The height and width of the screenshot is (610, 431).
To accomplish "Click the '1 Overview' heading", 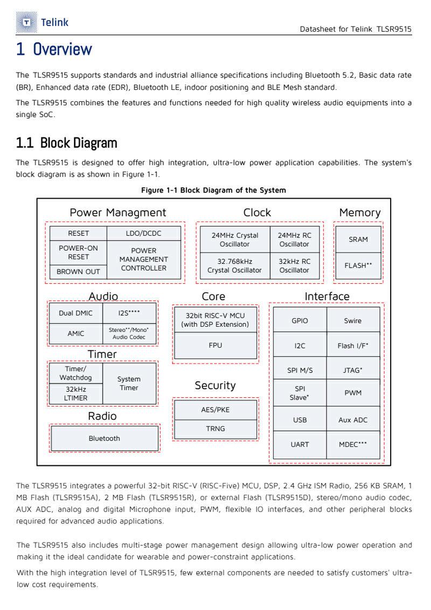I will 54,49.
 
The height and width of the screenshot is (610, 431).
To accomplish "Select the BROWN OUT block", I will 78,272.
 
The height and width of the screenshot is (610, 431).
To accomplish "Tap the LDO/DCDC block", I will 144,233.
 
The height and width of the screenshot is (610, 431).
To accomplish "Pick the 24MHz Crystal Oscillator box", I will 234,240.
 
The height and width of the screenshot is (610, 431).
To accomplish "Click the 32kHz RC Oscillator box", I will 294,265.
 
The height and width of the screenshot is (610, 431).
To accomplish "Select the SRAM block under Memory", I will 358,239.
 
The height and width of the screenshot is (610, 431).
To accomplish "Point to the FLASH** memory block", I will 358,265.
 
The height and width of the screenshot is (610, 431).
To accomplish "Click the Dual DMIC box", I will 75,313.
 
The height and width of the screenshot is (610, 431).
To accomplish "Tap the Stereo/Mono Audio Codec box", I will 129,333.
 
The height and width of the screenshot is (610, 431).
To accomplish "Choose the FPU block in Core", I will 215,345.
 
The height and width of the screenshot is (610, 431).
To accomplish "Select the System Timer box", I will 129,383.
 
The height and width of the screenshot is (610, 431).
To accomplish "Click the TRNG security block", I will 215,429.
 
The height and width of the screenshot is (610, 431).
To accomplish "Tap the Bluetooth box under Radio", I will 105,438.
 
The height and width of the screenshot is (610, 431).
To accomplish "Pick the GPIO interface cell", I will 300,320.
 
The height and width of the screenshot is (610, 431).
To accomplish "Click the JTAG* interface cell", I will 353,370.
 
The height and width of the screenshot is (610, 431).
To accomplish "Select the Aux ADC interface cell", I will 353,419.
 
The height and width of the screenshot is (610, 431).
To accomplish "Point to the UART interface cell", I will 300,444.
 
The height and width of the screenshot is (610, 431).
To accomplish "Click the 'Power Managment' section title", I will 118,213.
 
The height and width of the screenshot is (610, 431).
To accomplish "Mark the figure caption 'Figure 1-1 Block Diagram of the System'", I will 213,190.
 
